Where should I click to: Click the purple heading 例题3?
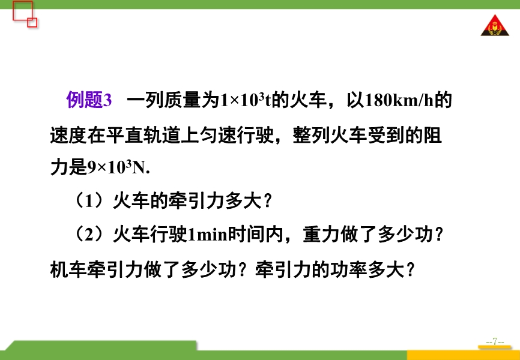tap(89, 99)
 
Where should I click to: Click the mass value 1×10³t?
tap(246, 100)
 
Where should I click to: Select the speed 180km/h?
tap(399, 100)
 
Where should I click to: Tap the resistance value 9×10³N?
tap(118, 168)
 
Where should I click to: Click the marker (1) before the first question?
tap(91, 201)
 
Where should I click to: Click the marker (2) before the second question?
tap(91, 235)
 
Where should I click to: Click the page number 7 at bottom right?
tap(495, 341)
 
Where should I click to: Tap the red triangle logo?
tap(495, 26)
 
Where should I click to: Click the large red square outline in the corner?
tap(23, 11)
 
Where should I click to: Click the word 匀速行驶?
tap(237, 134)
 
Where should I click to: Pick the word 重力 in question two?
tap(321, 235)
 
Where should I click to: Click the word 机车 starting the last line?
tap(68, 270)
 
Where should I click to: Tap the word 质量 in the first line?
tap(183, 100)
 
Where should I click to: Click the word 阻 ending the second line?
tap(432, 134)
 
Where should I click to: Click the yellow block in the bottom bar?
tap(464, 355)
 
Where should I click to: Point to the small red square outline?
tap(32, 23)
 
